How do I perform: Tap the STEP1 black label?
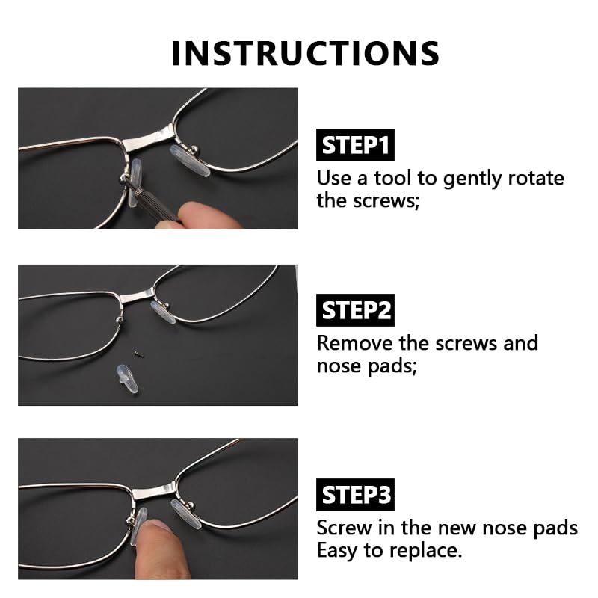[356, 146]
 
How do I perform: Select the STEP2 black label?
[356, 310]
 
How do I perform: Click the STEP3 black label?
[356, 495]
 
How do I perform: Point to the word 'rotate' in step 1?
[535, 179]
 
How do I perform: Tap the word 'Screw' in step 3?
[343, 528]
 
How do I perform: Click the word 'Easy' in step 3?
[338, 551]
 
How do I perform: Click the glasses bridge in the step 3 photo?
[152, 491]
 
